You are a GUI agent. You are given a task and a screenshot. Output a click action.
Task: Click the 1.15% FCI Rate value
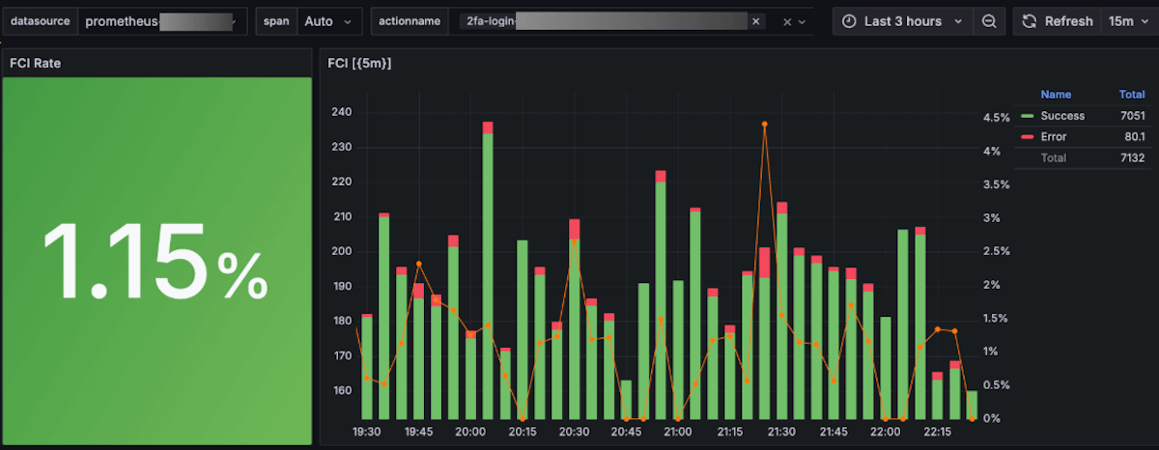click(x=155, y=261)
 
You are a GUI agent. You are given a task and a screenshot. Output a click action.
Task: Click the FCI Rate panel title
click(x=36, y=64)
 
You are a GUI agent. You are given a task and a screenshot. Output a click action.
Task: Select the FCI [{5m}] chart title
click(x=359, y=64)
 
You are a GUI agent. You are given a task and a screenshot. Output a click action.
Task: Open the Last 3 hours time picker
click(x=903, y=21)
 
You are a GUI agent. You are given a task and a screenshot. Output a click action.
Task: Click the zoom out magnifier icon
click(x=989, y=21)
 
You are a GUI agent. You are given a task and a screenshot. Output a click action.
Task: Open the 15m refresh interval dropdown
click(x=1127, y=21)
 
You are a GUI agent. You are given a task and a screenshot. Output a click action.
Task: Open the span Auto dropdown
click(x=327, y=21)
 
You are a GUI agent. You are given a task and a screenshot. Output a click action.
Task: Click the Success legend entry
click(x=1062, y=116)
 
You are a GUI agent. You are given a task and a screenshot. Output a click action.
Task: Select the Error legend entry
click(x=1054, y=137)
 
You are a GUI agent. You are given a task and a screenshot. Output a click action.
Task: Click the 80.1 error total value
click(x=1134, y=137)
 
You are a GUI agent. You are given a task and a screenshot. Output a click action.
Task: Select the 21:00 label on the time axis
click(x=677, y=432)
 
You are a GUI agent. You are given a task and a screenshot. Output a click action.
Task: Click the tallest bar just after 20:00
click(x=488, y=270)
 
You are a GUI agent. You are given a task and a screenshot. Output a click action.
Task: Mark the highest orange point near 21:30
click(x=764, y=125)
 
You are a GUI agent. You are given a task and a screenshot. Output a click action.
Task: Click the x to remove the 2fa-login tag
click(x=755, y=21)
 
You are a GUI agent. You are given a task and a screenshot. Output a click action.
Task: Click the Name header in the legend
click(x=1056, y=95)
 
